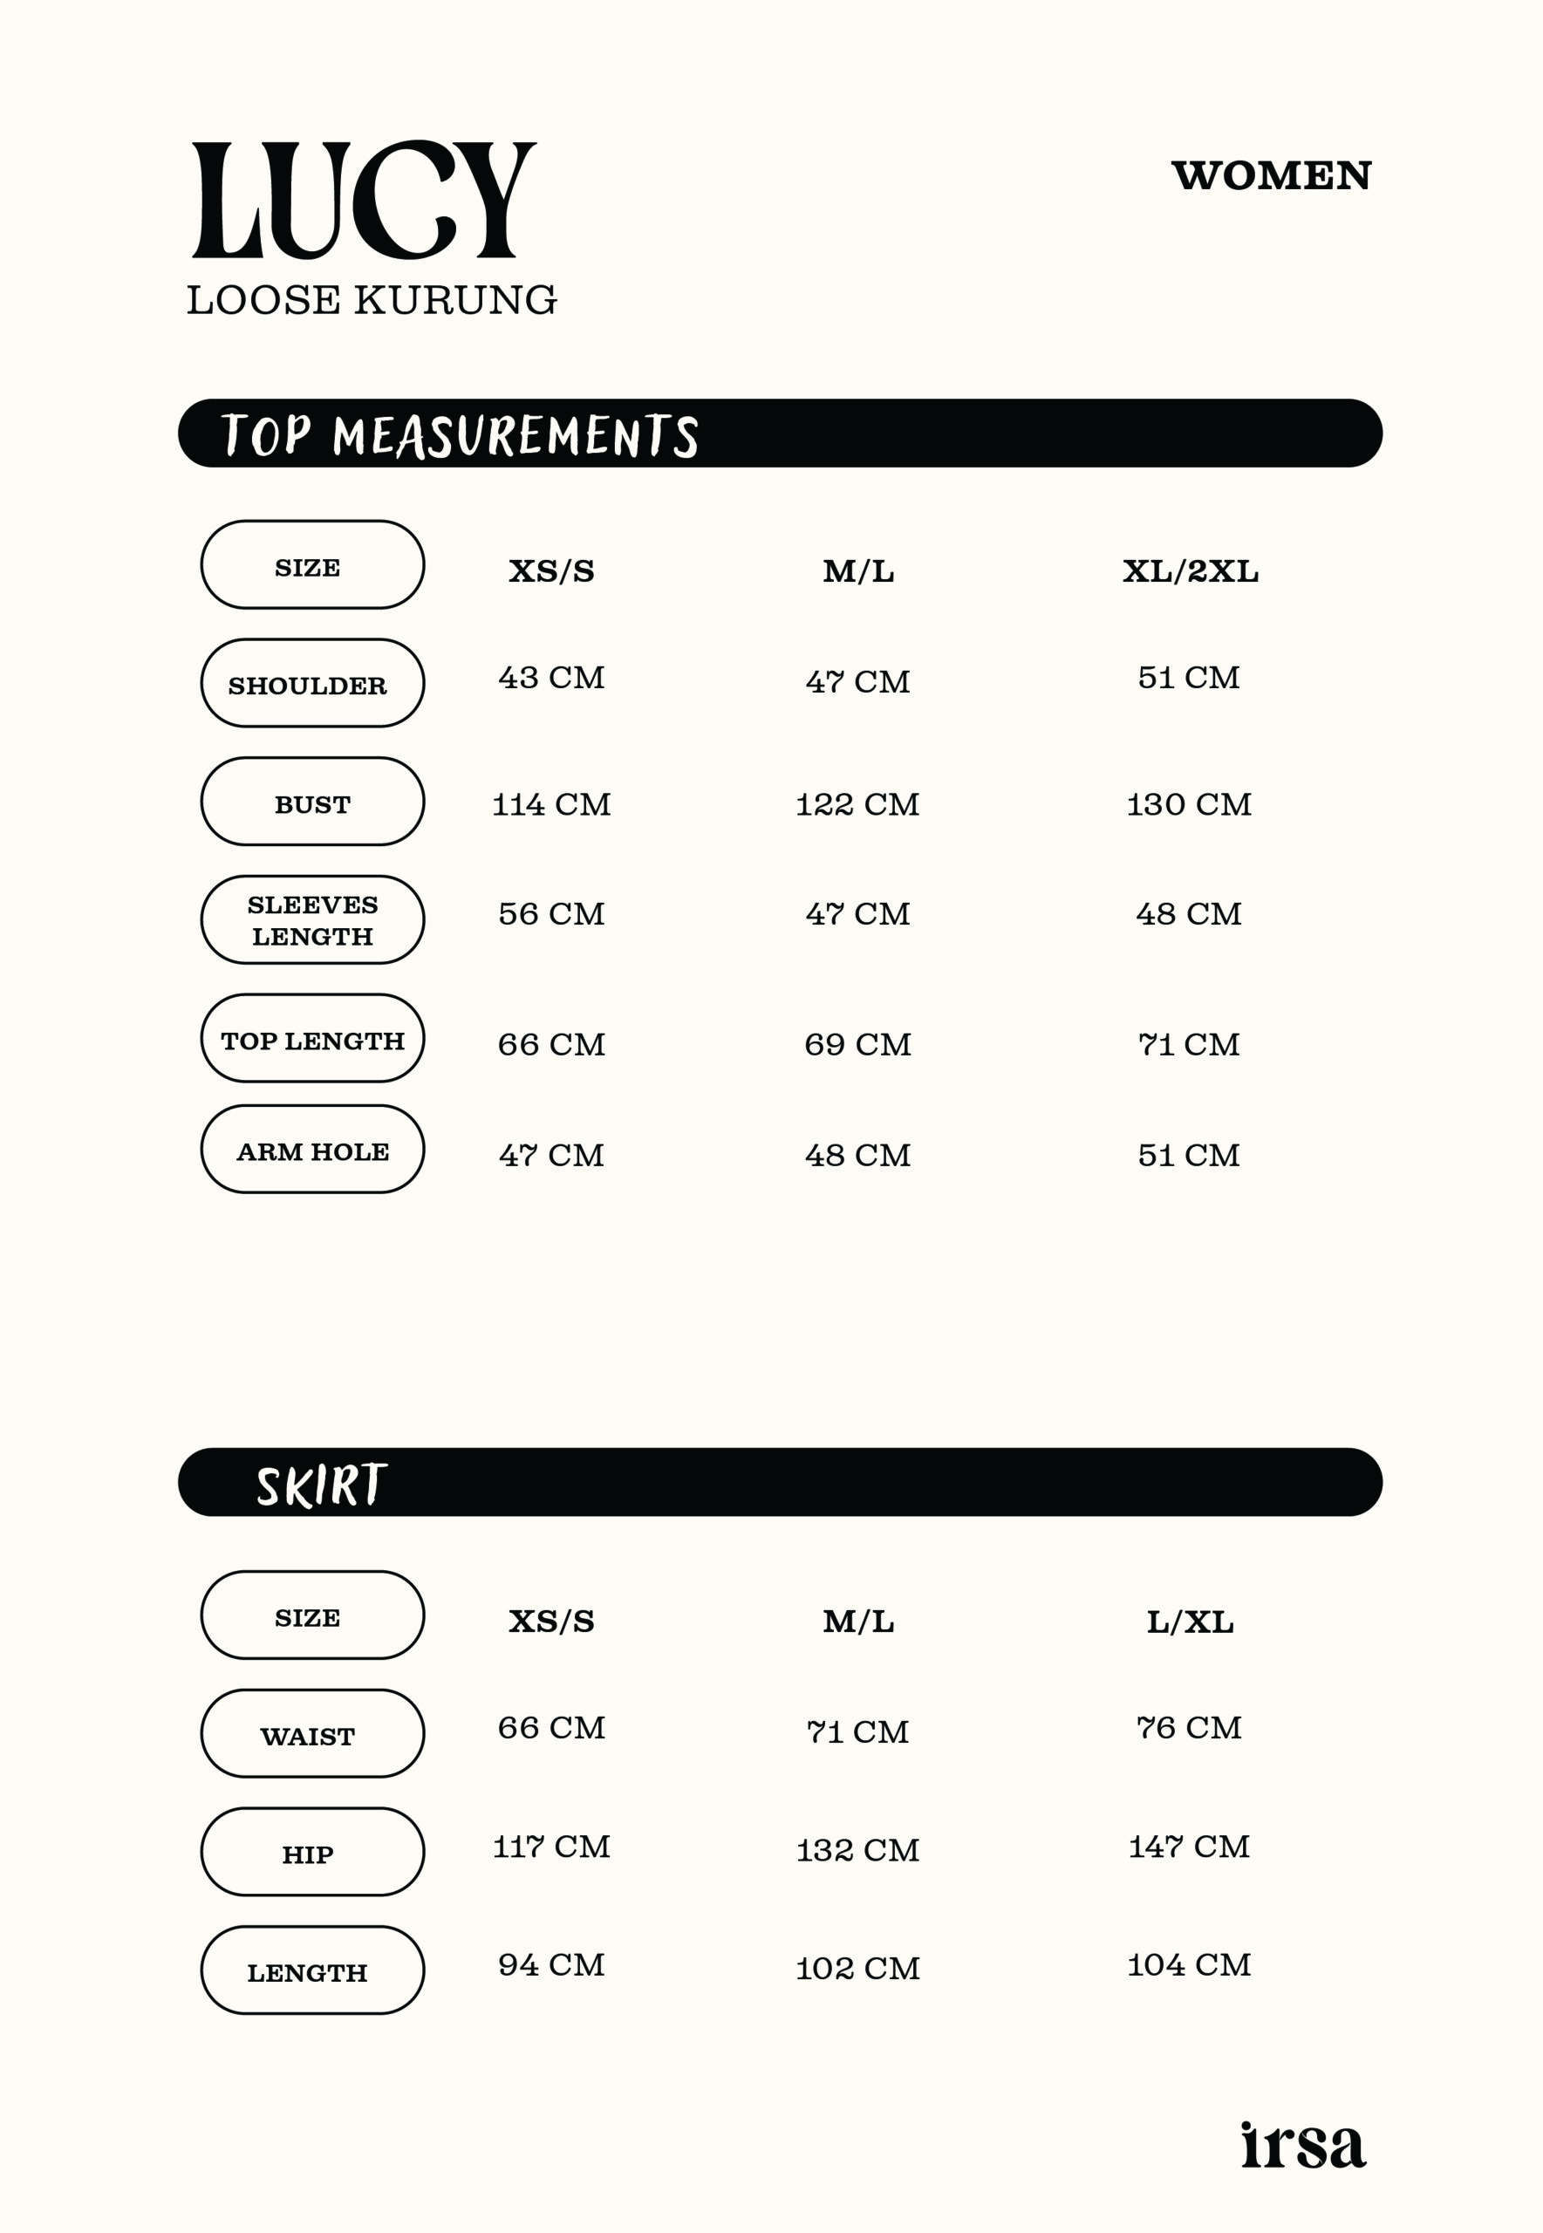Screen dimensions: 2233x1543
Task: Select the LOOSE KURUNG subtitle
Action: tap(372, 301)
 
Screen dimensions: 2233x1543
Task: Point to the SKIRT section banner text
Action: tap(321, 1485)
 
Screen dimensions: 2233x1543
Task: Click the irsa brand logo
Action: tap(1302, 2146)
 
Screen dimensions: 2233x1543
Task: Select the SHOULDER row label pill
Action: tap(312, 684)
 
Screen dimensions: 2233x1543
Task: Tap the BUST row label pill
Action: tap(312, 802)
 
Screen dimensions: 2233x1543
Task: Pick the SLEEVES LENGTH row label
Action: tap(312, 920)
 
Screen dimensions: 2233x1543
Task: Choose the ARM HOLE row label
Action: tap(312, 1151)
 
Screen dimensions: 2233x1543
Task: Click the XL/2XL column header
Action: tap(1190, 571)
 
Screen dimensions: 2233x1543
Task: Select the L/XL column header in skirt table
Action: tap(1190, 1622)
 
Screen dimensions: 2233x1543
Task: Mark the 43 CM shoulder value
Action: tap(551, 678)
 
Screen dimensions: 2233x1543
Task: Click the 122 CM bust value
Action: tap(857, 804)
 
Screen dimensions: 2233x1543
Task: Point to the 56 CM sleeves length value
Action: tap(551, 913)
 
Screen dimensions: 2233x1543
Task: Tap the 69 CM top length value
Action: tap(857, 1044)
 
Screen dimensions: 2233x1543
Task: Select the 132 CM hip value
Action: tap(857, 1850)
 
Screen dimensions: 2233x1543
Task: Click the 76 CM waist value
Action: tap(1189, 1727)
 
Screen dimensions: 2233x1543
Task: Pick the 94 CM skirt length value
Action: tap(551, 1964)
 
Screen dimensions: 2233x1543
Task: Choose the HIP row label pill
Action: tap(312, 1852)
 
